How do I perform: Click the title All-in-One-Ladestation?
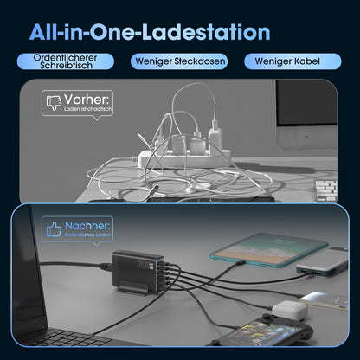150,32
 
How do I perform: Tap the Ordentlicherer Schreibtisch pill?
66,61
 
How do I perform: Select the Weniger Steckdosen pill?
179,61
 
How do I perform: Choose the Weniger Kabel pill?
292,61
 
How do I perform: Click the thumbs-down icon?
54,102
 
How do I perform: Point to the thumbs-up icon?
54,229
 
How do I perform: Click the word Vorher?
87,100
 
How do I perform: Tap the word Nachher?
87,226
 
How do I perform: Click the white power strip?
184,158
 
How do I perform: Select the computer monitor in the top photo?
306,113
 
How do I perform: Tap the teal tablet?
268,250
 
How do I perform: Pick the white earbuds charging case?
290,311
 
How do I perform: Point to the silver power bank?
323,262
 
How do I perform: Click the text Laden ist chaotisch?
87,109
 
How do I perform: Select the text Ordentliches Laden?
87,235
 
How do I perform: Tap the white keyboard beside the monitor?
326,190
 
